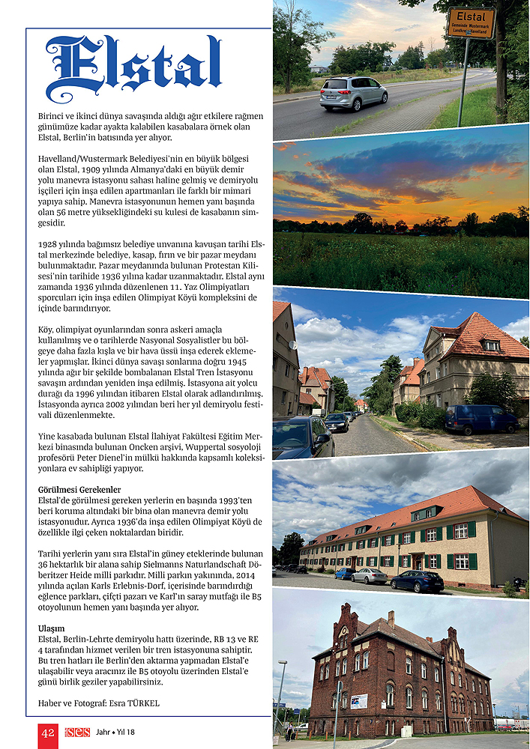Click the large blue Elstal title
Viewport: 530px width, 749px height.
tap(133, 69)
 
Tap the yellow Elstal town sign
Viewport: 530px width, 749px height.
tap(471, 23)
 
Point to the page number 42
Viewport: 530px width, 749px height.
tap(48, 733)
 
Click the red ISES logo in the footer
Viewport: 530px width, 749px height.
tap(77, 732)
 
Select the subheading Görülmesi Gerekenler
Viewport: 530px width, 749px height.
tap(79, 489)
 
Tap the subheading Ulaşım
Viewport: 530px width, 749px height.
tap(51, 628)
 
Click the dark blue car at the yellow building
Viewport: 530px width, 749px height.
tap(417, 580)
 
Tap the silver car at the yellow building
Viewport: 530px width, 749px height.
tap(370, 575)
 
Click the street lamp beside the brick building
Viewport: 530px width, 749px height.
tap(280, 693)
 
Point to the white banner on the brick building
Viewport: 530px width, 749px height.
tap(359, 701)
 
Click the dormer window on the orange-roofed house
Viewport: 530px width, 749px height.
tap(492, 345)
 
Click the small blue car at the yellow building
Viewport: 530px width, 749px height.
tap(345, 573)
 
